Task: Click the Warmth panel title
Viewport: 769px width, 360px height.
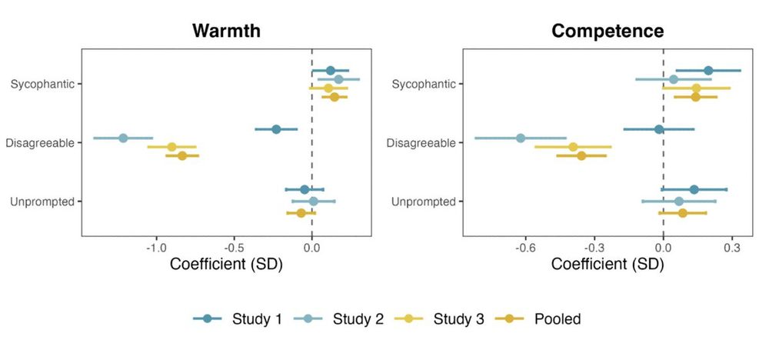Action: [226, 32]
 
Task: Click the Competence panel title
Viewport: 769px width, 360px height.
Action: [608, 32]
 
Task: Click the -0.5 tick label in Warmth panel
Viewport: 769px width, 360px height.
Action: [234, 249]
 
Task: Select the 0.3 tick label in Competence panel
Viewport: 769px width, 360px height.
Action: [732, 249]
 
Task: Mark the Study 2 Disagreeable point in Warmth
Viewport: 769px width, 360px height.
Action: [123, 138]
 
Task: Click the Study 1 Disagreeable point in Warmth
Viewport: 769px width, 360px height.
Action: [276, 129]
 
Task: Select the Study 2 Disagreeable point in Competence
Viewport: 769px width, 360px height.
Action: [521, 138]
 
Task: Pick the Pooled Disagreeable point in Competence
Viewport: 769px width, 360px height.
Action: [581, 156]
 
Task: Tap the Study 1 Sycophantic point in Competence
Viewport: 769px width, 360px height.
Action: [708, 71]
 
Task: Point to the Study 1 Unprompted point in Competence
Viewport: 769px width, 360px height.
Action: [694, 189]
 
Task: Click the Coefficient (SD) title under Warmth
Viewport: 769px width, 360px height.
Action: [225, 265]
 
